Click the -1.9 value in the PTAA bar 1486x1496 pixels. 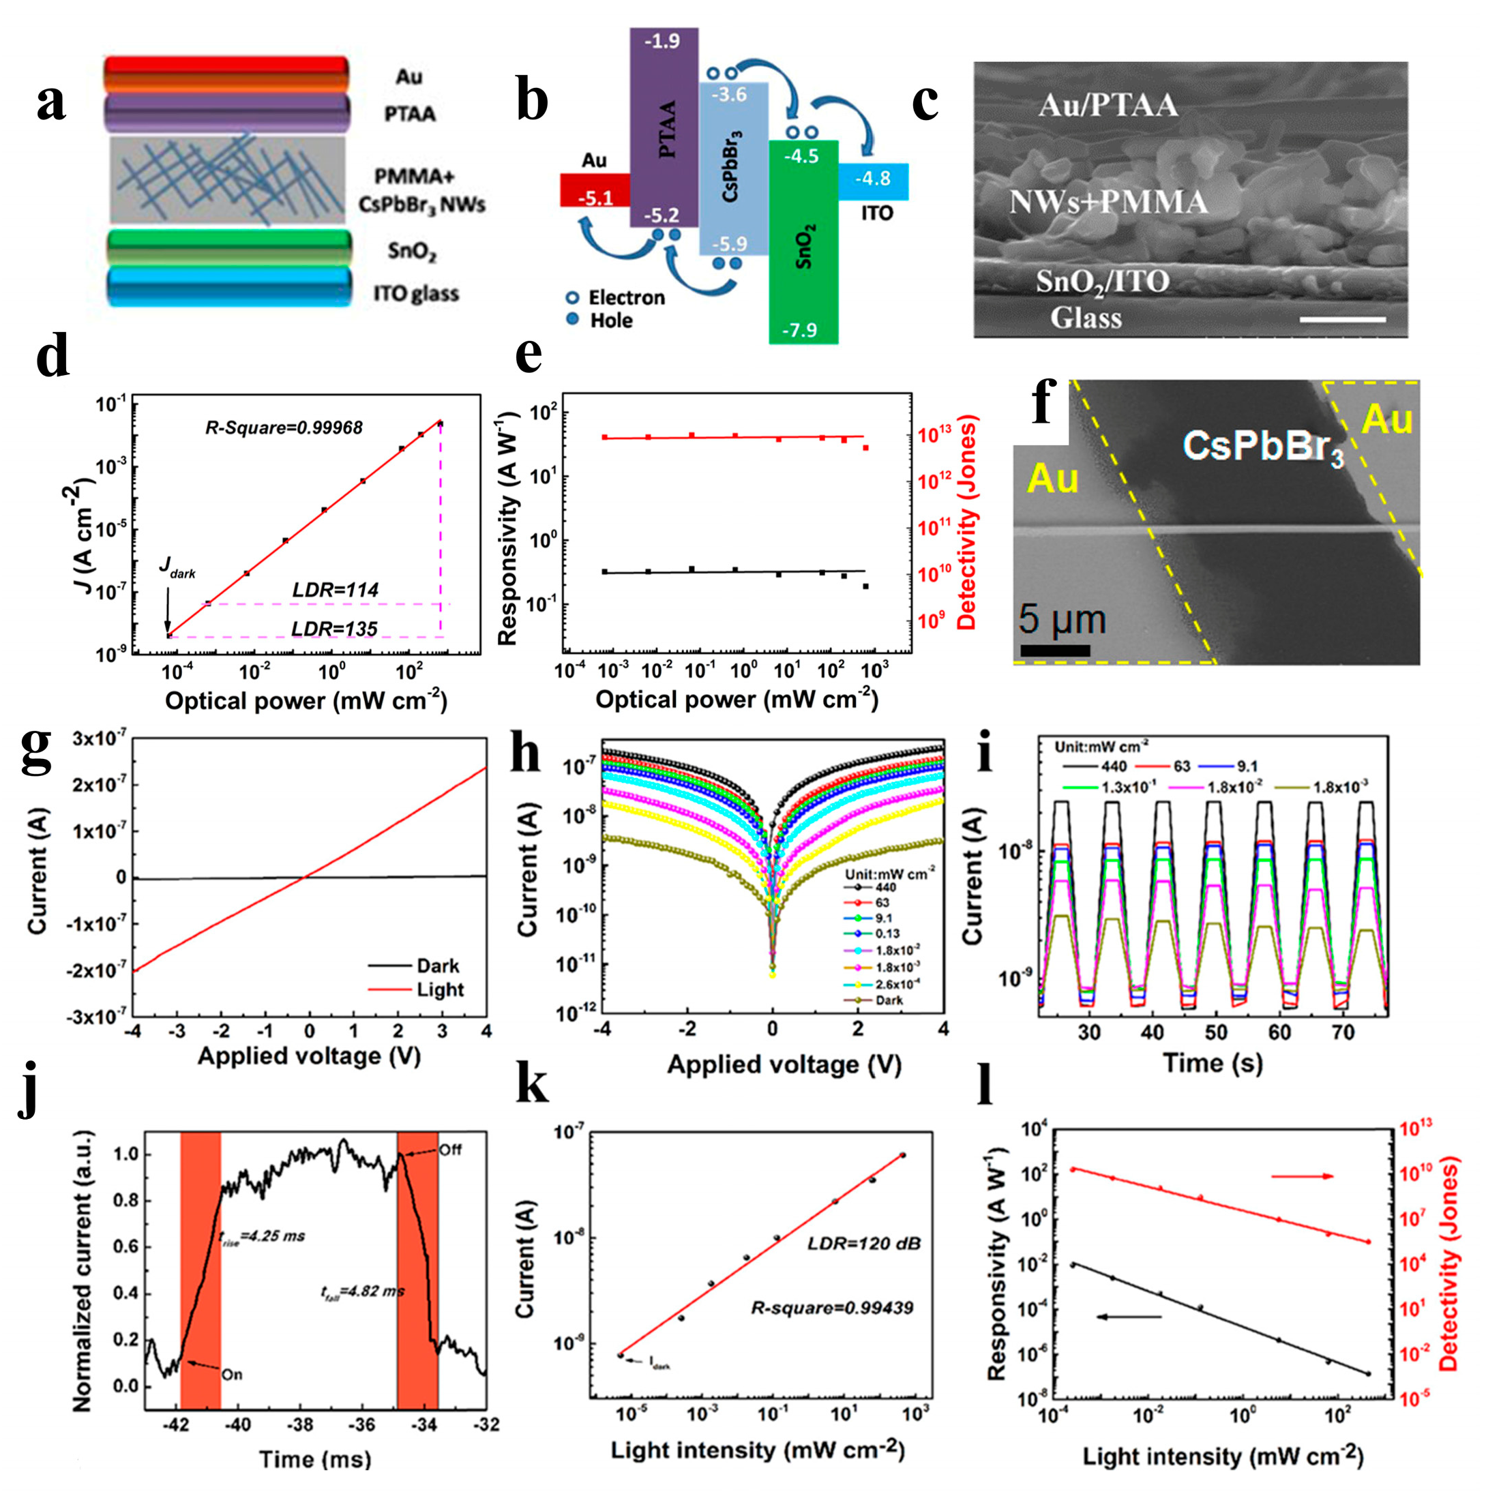coord(663,41)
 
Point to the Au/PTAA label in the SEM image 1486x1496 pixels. coord(1108,105)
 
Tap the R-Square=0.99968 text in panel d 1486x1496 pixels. coord(284,428)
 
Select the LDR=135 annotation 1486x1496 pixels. coord(335,629)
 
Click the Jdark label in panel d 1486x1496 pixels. coord(177,569)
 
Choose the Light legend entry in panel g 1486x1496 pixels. coord(439,989)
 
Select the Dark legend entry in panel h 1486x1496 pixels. coord(889,1000)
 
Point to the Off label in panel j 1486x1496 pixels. coord(450,1150)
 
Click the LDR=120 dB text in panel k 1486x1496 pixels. coord(863,1244)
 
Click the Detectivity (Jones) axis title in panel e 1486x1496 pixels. coord(966,523)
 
